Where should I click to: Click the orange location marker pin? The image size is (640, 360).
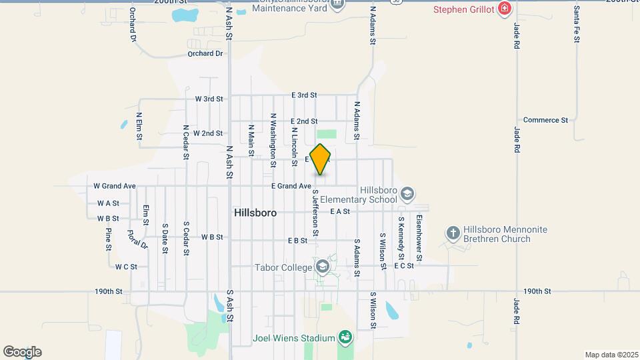click(321, 159)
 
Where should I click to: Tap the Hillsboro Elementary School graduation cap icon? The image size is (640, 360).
click(407, 193)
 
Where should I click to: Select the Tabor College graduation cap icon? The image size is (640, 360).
click(323, 267)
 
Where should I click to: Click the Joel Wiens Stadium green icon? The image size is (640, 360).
click(345, 337)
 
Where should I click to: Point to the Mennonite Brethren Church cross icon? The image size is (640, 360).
click(453, 233)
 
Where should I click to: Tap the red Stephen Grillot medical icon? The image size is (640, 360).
click(505, 9)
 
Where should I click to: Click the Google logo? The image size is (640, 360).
click(22, 352)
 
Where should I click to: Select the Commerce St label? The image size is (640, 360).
click(545, 120)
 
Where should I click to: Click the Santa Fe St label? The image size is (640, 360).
click(577, 26)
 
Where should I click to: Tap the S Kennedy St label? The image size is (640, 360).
click(401, 238)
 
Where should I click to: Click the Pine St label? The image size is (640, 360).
click(108, 239)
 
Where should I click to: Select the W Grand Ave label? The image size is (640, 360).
click(115, 186)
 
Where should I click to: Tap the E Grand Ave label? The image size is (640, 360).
click(291, 186)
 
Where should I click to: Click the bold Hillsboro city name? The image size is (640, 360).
click(255, 212)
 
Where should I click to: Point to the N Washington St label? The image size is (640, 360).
click(273, 139)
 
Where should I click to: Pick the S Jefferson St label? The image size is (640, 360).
click(315, 212)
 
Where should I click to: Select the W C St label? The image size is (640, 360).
click(126, 267)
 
